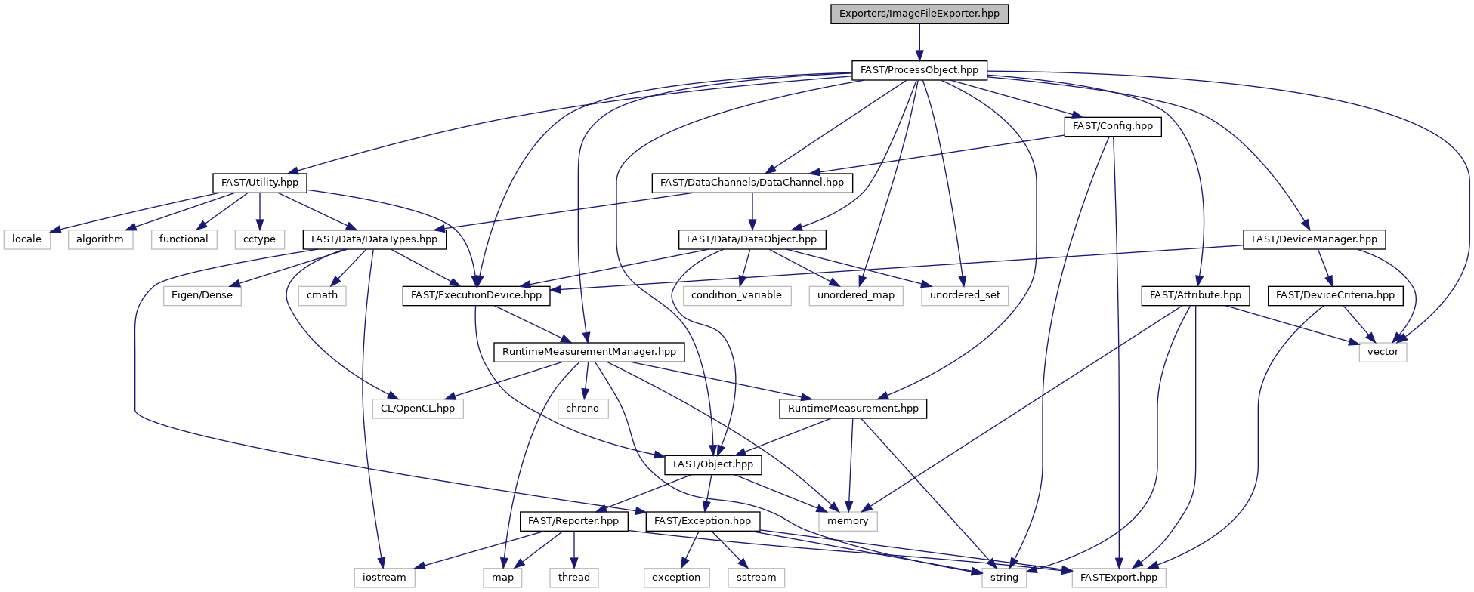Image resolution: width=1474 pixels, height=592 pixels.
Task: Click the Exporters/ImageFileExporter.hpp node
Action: coord(919,14)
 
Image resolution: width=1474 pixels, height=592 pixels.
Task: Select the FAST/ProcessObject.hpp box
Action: coord(919,70)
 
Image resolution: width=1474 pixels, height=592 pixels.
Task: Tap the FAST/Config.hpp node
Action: coord(1113,126)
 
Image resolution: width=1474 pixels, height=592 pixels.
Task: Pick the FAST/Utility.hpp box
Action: coord(260,183)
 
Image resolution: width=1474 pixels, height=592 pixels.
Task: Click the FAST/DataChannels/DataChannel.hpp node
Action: coord(752,183)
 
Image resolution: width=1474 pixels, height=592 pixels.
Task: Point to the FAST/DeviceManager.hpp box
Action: coord(1315,239)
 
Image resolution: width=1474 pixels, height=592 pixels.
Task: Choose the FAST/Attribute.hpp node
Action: coord(1195,295)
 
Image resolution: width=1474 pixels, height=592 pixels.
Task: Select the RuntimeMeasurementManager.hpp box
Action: coord(589,352)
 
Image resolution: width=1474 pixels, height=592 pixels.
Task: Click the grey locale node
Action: coord(27,239)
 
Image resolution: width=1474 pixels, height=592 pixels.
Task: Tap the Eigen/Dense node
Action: coord(202,295)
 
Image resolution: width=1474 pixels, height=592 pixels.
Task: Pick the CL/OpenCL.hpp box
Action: coord(418,409)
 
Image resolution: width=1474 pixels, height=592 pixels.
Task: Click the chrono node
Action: coord(582,409)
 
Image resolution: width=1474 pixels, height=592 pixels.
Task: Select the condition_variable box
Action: coord(737,295)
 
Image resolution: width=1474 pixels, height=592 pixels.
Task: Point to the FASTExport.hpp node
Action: coord(1119,578)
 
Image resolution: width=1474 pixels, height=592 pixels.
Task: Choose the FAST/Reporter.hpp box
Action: coord(573,521)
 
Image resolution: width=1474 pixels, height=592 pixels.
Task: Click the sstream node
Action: coord(756,578)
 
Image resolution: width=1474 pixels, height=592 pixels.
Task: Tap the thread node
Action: coord(574,578)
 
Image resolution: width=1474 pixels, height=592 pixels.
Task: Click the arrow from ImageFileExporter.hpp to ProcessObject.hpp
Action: coord(919,42)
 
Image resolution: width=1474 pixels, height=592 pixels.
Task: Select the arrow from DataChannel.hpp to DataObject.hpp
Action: coord(752,211)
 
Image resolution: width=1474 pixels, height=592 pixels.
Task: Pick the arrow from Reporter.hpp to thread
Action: coord(574,549)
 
